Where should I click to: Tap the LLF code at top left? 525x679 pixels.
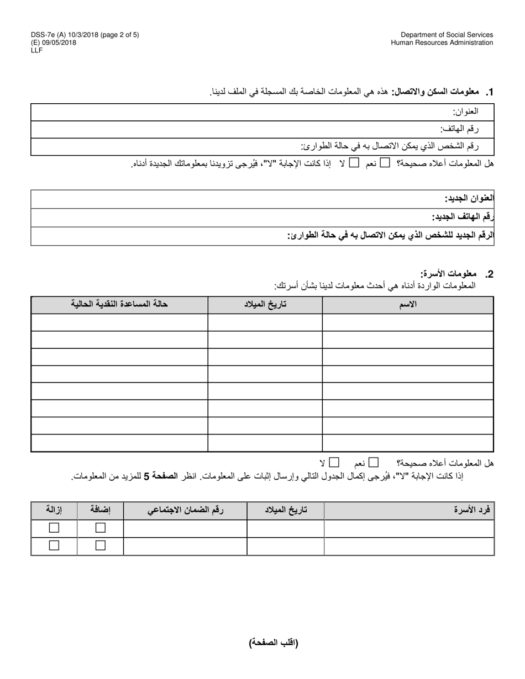37,50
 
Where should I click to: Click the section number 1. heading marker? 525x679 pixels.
489,92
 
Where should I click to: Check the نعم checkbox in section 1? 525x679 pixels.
385,162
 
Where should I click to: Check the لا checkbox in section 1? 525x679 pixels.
354,162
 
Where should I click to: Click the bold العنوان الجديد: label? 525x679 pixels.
469,199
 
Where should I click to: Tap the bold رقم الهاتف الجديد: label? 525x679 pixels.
463,217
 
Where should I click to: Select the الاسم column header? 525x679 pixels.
408,305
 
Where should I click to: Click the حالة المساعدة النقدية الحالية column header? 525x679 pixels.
119,305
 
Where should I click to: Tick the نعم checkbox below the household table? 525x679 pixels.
374,462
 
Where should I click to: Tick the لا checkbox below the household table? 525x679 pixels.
334,462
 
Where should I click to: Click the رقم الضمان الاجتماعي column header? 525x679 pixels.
185,511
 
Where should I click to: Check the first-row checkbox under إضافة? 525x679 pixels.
100,528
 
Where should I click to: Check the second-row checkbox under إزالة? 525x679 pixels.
54,545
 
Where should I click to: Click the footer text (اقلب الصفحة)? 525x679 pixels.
274,642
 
